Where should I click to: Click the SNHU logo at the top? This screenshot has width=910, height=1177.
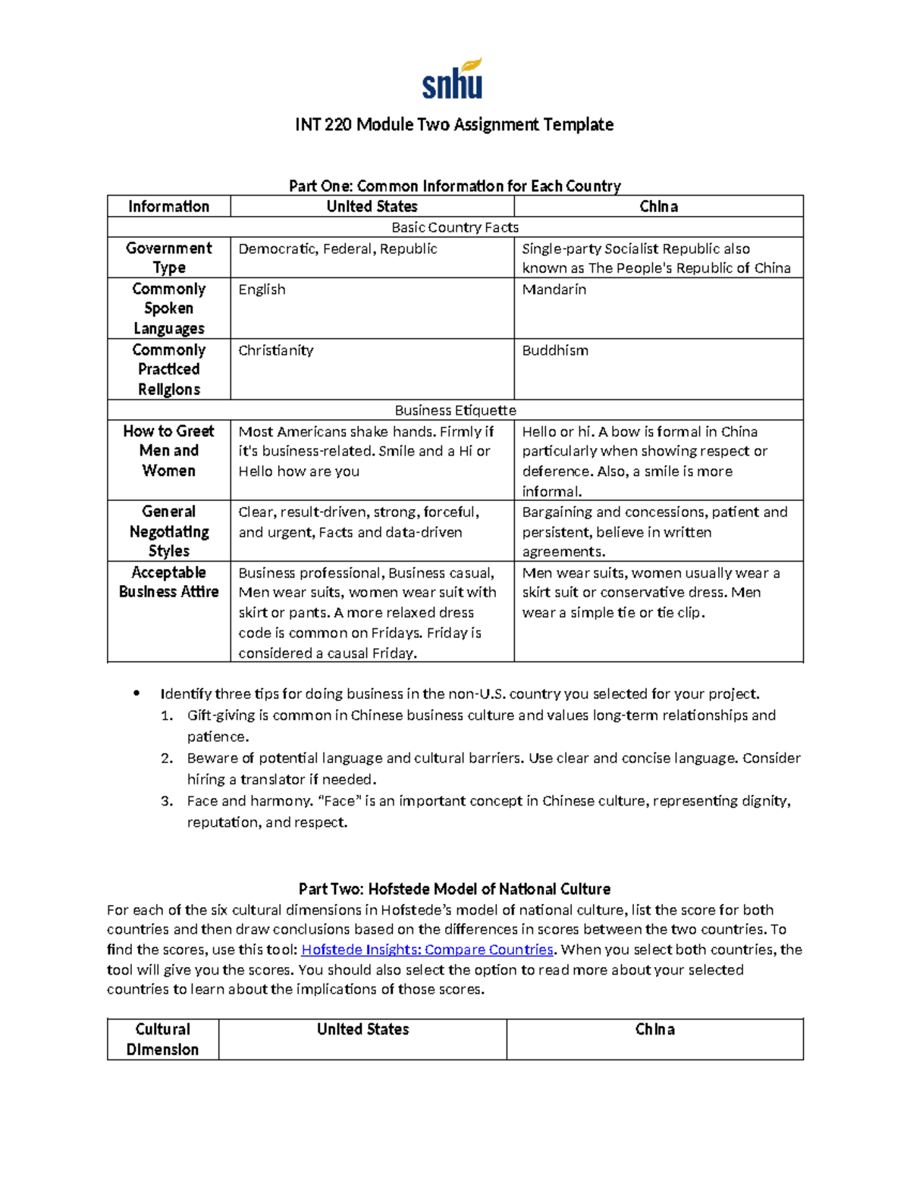click(453, 80)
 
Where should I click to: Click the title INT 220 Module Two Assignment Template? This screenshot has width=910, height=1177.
click(454, 124)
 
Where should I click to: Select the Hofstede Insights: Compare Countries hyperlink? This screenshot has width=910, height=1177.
click(428, 950)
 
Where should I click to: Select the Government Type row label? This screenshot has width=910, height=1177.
click(168, 258)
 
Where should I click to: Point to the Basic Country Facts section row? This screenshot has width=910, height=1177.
click(455, 227)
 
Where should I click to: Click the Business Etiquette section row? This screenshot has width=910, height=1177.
click(455, 410)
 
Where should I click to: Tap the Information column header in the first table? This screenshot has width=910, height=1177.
click(168, 206)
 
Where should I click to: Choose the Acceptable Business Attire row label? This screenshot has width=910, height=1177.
click(168, 582)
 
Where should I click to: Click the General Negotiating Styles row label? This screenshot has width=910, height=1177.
click(168, 531)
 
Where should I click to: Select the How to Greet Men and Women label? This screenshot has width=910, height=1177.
click(168, 450)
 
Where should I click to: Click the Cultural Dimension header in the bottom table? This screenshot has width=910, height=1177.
click(162, 1039)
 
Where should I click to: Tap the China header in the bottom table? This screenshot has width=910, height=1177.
click(654, 1029)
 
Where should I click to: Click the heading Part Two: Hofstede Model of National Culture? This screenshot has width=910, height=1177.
click(454, 889)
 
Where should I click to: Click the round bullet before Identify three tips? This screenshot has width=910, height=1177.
click(136, 693)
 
